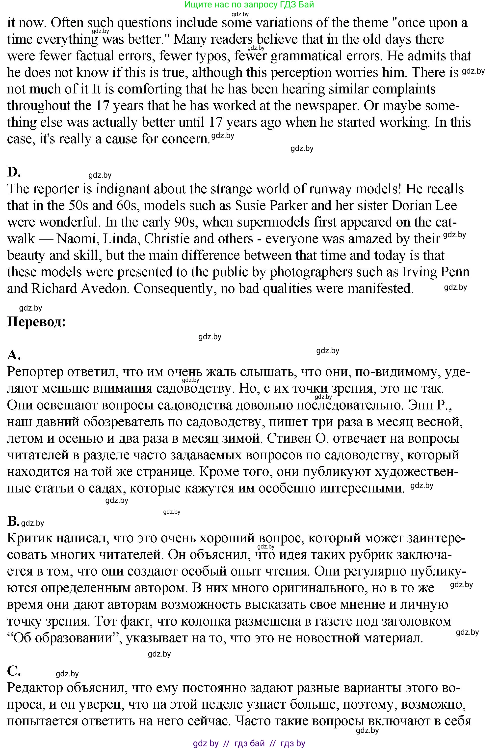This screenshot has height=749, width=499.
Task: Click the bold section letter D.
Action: pyautogui.click(x=14, y=172)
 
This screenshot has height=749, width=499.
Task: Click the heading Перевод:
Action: pyautogui.click(x=36, y=322)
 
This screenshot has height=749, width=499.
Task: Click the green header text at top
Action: pyautogui.click(x=249, y=4)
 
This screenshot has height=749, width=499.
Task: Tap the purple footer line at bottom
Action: pyautogui.click(x=249, y=744)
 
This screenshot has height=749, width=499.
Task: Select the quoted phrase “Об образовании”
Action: pyautogui.click(x=63, y=638)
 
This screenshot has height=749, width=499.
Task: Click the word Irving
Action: pyautogui.click(x=422, y=272)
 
